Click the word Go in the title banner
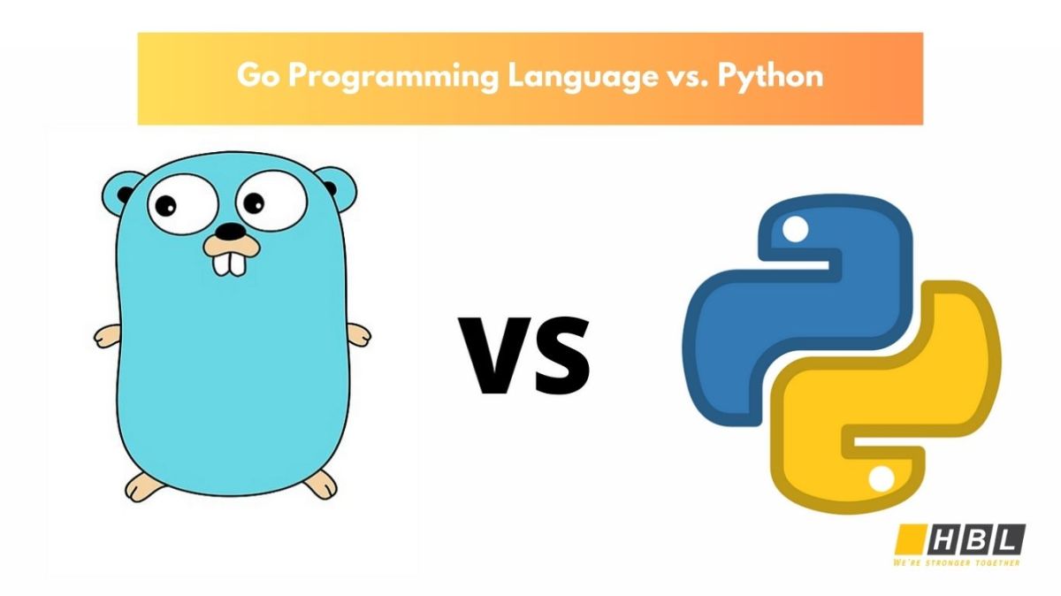click(x=257, y=77)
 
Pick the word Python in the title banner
click(x=771, y=77)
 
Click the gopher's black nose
click(x=231, y=232)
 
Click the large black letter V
click(x=498, y=355)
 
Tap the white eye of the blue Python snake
click(x=796, y=232)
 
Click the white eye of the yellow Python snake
click(x=881, y=478)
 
